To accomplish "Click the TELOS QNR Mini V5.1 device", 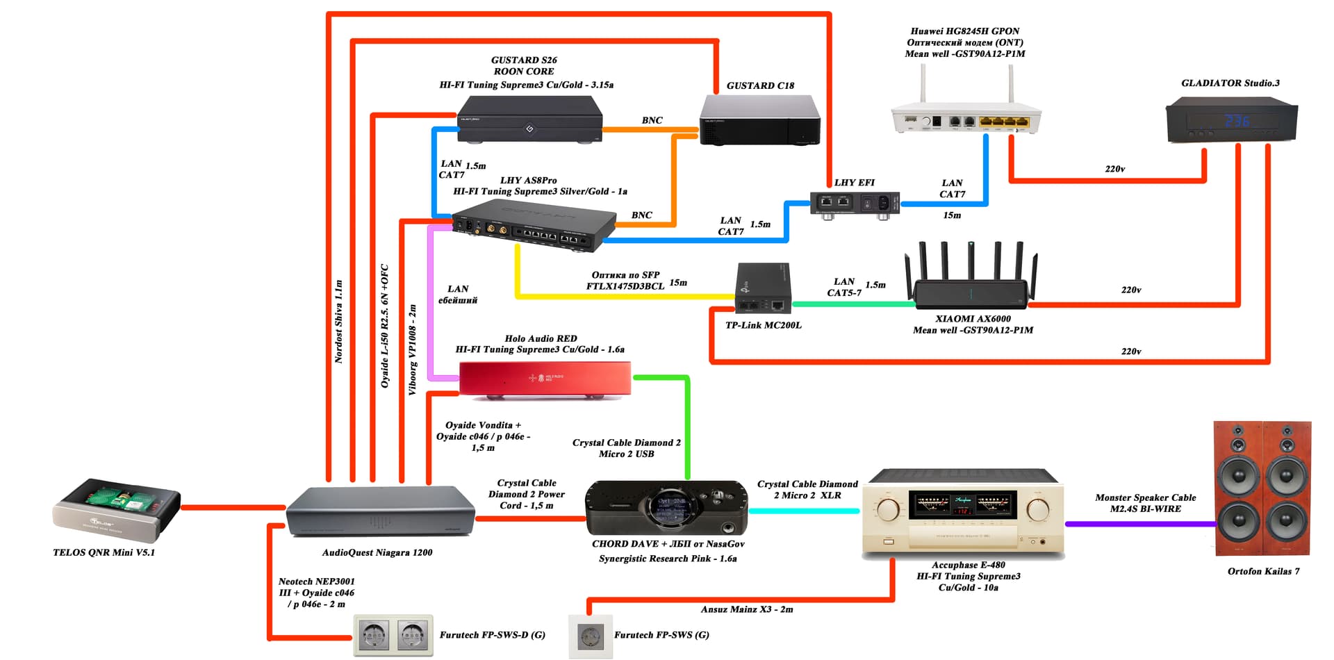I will [117, 510].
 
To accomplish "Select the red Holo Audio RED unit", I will [545, 379].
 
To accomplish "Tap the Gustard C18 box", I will [759, 119].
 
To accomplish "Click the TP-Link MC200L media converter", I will [763, 288].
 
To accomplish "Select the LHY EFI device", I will [855, 204].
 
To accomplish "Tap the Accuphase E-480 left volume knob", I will [888, 510].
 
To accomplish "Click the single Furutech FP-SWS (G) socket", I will [591, 636].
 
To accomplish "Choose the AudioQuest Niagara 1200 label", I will [377, 553].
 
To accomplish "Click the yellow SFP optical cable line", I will [625, 297].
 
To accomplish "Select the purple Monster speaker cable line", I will [1139, 524].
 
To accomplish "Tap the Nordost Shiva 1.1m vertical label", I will [339, 322].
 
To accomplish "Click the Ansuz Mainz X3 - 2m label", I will [747, 609].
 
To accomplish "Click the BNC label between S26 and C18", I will [652, 120].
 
